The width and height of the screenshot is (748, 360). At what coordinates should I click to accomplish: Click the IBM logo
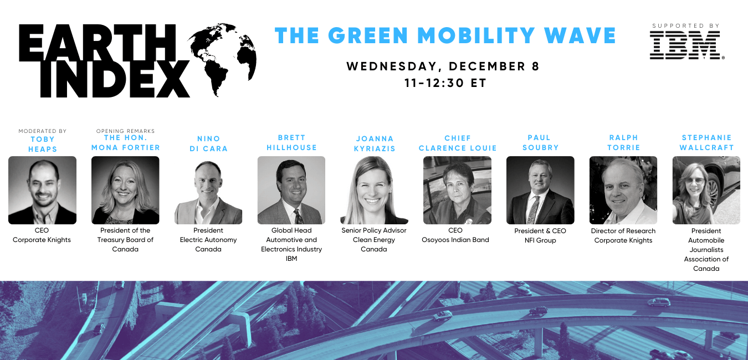[686, 45]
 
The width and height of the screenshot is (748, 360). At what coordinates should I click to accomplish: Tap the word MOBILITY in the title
[477, 35]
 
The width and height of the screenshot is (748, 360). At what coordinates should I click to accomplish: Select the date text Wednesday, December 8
[443, 66]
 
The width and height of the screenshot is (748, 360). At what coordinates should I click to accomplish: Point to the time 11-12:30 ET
[445, 83]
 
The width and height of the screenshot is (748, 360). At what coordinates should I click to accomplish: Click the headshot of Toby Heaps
[43, 190]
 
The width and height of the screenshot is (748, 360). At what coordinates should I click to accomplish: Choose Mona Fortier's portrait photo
[125, 190]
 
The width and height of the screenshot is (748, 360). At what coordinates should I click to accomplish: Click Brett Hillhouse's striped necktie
[298, 217]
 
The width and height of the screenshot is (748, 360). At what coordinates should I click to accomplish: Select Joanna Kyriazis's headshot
[374, 190]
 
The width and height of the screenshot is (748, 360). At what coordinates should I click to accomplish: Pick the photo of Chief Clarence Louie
[457, 190]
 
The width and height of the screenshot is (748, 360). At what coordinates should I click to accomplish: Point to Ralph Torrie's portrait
[623, 190]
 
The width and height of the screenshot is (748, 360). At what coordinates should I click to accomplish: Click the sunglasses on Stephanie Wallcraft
[695, 181]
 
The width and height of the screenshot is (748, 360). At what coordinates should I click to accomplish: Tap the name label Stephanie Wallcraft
[706, 142]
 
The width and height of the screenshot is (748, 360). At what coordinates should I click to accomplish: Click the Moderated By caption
[43, 131]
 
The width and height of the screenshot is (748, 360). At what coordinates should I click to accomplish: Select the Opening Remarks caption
[125, 131]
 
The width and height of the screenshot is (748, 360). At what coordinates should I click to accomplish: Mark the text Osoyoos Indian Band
[455, 240]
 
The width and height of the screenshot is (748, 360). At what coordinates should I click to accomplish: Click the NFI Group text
[540, 240]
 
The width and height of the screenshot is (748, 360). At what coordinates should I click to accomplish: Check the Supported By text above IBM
[686, 26]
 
